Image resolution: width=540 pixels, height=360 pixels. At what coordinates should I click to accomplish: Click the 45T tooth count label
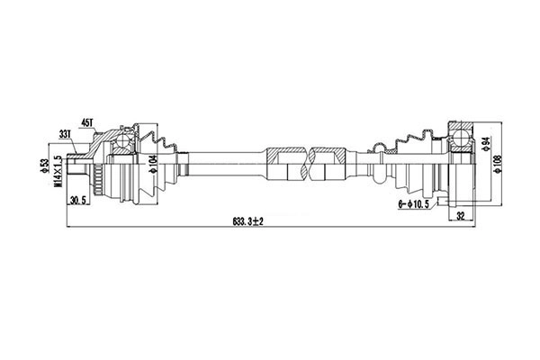click(x=87, y=121)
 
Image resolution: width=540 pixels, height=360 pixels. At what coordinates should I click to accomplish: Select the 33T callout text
click(x=65, y=133)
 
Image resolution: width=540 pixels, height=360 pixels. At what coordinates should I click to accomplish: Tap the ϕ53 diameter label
click(x=46, y=166)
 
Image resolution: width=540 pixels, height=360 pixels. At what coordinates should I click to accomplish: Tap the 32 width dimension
click(x=462, y=216)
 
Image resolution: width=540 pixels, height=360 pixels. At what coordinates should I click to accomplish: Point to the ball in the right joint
click(x=462, y=138)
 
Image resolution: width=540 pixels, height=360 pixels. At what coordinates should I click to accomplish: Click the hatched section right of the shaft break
click(x=329, y=152)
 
